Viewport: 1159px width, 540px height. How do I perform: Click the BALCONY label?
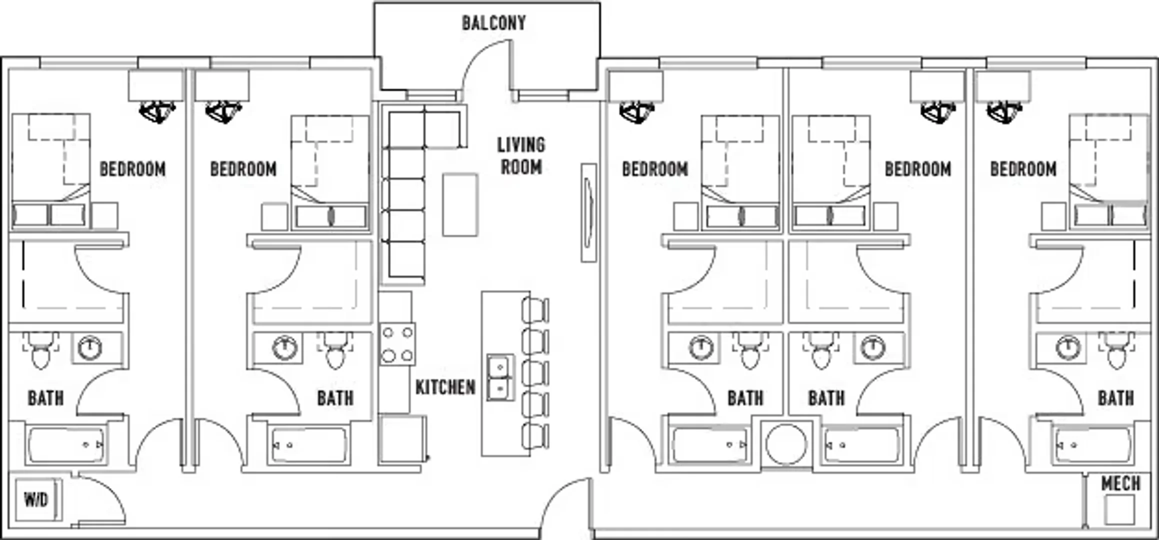(493, 23)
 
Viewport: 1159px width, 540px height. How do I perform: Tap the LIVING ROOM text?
(521, 155)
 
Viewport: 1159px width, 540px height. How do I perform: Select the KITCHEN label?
(445, 387)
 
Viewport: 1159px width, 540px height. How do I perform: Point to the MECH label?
(1121, 483)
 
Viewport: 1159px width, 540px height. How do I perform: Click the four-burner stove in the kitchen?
(397, 344)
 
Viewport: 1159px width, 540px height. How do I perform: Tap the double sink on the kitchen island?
(501, 377)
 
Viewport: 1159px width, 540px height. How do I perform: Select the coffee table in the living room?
(460, 204)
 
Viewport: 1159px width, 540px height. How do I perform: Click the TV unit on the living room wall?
(589, 212)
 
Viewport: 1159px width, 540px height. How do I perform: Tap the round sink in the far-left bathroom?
(90, 347)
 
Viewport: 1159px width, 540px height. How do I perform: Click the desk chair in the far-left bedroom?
(157, 111)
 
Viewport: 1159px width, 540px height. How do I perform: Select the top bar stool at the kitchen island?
(535, 309)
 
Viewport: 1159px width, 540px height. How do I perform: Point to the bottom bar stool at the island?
(535, 436)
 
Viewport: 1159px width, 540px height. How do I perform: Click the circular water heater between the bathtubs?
(786, 444)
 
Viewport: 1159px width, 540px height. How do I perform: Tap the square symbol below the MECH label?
(1120, 509)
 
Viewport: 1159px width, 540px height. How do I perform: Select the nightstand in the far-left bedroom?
(105, 215)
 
